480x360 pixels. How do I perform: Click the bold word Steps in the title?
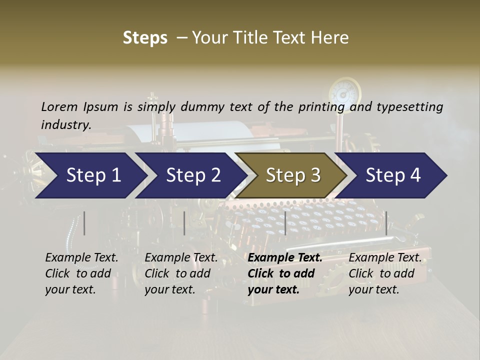click(145, 38)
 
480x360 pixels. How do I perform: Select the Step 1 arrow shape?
click(90, 175)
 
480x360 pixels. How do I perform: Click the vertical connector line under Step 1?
click(84, 223)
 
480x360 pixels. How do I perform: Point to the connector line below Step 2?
click(184, 223)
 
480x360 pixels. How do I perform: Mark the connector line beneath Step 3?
click(285, 223)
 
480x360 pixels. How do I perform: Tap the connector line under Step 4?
click(386, 223)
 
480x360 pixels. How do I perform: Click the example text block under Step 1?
click(81, 273)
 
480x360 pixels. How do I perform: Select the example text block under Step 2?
click(181, 273)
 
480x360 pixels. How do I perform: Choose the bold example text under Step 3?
click(284, 273)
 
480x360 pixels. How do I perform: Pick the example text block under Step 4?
click(384, 273)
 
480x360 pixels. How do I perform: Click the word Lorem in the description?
click(59, 106)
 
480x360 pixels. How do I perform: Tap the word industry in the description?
click(66, 125)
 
